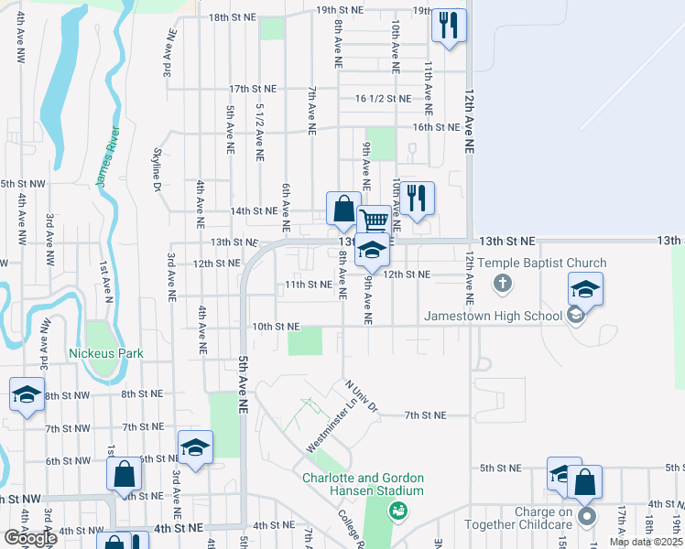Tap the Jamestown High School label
[493, 317]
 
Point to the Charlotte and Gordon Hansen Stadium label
[364, 484]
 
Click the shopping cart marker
[374, 221]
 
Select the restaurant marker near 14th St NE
[417, 198]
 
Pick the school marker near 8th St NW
[27, 395]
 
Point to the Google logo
[30, 538]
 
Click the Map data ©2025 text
[646, 542]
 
